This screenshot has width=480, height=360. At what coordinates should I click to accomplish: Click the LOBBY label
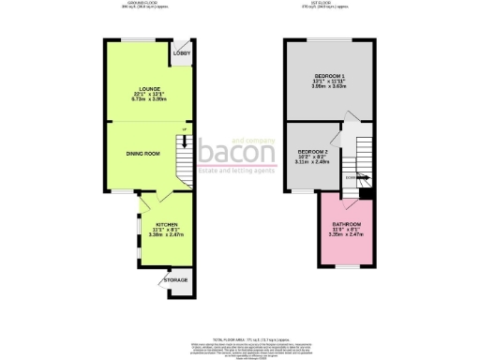coord(182,53)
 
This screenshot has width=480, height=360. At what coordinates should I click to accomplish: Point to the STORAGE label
coord(175,279)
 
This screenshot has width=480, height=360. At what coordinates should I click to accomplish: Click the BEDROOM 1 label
coord(328,75)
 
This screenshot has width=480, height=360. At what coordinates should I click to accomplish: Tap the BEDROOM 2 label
coord(312,151)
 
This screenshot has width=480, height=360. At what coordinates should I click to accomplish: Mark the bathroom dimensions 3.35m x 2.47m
coord(343,236)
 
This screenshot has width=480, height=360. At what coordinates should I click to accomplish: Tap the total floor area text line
coord(239,310)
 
